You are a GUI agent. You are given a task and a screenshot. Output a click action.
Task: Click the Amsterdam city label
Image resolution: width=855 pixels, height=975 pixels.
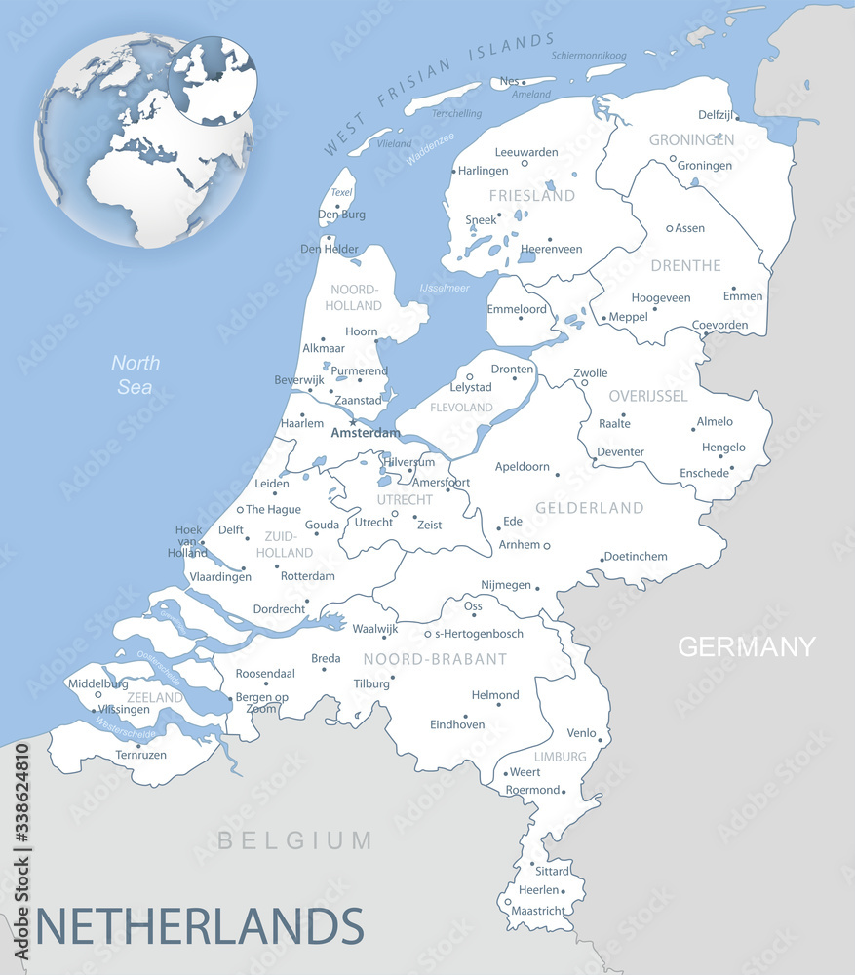tap(366, 433)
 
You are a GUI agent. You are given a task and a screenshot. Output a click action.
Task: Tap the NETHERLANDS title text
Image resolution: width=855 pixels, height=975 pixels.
tap(200, 925)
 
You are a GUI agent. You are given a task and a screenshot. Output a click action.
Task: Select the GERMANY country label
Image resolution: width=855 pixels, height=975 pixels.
tap(746, 646)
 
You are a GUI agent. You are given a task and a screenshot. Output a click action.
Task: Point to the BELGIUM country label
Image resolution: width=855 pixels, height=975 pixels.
tap(294, 840)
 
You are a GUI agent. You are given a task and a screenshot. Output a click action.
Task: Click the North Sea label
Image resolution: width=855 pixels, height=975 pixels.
tap(136, 374)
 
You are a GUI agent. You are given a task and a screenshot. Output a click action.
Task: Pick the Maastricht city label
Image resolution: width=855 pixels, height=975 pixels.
tap(537, 911)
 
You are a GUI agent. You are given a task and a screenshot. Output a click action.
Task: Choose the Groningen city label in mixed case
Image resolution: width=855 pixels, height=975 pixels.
tap(704, 166)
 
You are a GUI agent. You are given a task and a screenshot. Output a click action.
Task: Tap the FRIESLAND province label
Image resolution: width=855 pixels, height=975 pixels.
tap(532, 196)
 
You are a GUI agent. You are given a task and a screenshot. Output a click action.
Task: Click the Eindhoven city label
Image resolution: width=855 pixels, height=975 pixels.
tap(457, 724)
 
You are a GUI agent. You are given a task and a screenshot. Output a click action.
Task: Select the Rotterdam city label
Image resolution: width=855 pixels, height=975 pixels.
tap(307, 576)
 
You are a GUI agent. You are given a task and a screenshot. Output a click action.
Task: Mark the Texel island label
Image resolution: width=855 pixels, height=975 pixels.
tap(341, 193)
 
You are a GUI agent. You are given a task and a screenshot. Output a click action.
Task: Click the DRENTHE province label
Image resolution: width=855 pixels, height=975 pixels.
tap(686, 265)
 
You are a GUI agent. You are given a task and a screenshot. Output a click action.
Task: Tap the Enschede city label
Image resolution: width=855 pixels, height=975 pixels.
tap(704, 473)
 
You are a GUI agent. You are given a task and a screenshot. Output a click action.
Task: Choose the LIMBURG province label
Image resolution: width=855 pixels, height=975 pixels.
tap(560, 757)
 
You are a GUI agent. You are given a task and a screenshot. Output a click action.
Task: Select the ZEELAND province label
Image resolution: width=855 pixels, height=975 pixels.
tap(155, 698)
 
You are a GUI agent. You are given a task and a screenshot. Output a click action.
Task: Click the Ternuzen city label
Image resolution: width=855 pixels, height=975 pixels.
tap(141, 755)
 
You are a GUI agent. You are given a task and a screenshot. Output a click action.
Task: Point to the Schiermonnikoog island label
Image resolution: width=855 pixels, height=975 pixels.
tap(588, 56)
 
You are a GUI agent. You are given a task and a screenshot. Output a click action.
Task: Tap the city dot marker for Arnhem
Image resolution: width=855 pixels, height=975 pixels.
tap(546, 546)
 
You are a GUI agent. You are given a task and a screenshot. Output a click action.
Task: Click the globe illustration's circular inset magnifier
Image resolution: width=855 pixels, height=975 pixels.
tap(213, 80)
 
